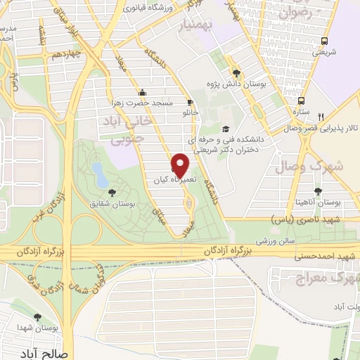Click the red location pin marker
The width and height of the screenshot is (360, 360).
click(181, 165)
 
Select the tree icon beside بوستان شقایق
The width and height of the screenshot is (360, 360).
click(112, 191)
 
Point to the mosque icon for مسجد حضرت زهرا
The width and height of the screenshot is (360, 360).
click(143, 92)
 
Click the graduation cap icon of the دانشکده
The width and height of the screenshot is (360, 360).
click(225, 129)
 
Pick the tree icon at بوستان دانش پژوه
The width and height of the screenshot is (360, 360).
click(236, 73)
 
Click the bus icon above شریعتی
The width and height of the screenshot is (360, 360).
click(324, 41)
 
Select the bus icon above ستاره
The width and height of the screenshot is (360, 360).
click(301, 100)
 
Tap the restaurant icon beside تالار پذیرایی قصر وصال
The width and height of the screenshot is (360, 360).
click(321, 117)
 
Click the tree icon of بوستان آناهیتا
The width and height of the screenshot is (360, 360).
click(319, 191)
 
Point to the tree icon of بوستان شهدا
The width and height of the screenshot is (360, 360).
click(47, 317)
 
